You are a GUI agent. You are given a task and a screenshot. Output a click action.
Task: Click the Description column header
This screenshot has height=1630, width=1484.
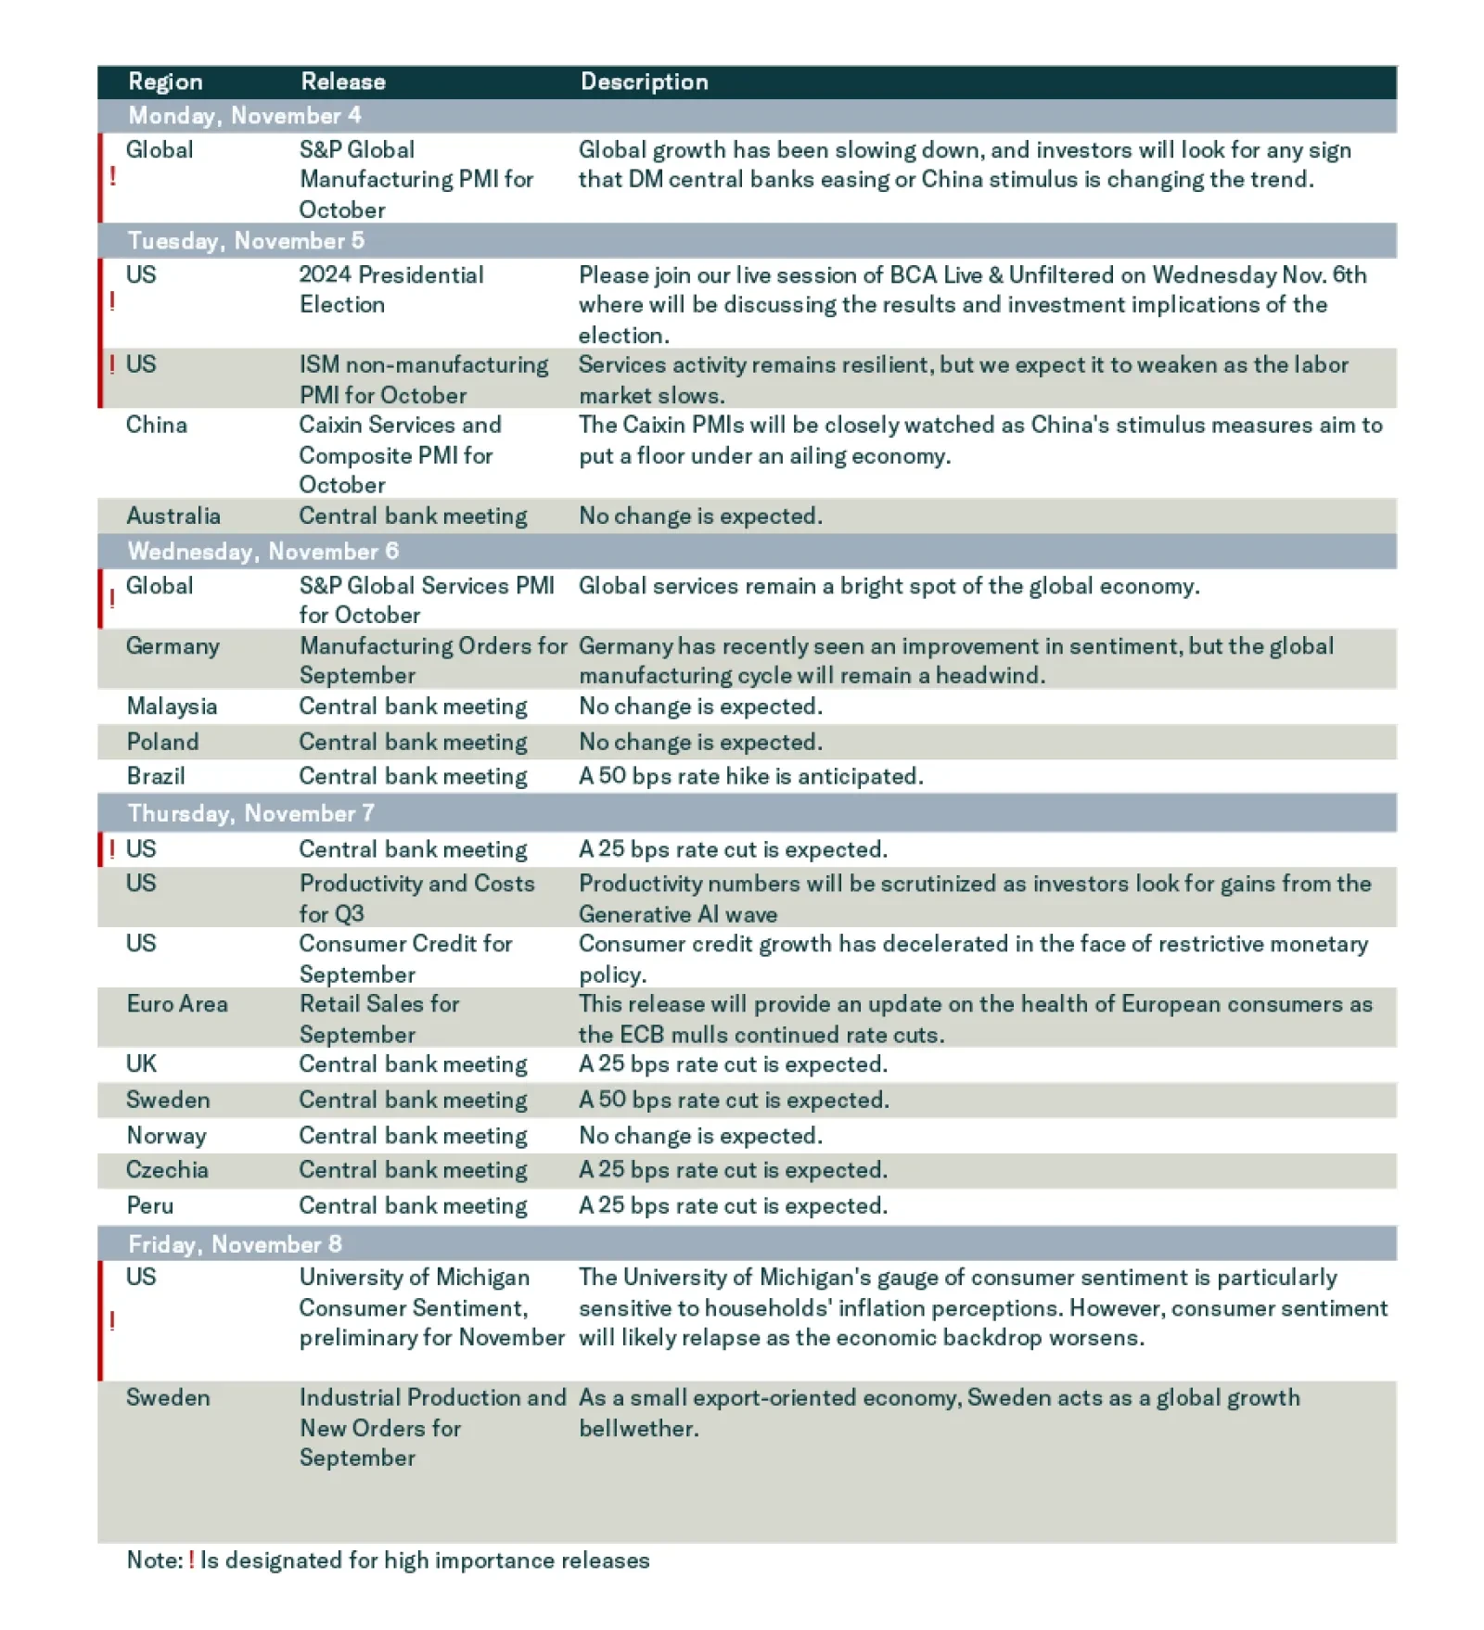coord(644,82)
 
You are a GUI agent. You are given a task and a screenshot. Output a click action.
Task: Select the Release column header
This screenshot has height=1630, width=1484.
coord(342,82)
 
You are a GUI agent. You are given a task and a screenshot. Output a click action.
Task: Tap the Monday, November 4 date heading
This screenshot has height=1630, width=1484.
coord(245,116)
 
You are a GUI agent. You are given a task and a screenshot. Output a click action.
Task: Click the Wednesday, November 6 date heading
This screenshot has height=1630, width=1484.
coord(263,552)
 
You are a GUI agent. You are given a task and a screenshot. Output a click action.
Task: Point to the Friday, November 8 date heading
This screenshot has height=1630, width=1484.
coord(235,1244)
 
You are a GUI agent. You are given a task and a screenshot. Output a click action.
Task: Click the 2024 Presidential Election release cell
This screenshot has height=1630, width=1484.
coord(390,289)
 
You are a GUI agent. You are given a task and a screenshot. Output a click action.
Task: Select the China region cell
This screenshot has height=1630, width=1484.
coord(157,425)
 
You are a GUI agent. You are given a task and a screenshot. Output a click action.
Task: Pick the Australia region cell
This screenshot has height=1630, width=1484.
coord(173,516)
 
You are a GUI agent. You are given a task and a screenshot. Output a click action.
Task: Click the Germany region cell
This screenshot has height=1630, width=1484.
coord(173,646)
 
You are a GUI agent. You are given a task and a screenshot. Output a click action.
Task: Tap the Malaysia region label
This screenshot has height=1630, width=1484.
coord(172,707)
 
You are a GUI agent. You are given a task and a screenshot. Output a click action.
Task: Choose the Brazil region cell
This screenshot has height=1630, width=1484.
coord(156,776)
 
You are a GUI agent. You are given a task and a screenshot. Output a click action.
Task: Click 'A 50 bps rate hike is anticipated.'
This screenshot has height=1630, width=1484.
coord(750,776)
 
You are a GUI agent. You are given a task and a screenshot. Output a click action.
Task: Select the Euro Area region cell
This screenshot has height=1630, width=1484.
coord(177,1004)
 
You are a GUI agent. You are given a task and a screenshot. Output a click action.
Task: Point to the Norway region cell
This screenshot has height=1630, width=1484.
coord(166,1136)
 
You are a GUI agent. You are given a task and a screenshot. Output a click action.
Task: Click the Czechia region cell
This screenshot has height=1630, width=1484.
coord(167,1170)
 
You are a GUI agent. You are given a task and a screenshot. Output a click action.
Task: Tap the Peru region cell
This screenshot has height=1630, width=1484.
coord(150,1205)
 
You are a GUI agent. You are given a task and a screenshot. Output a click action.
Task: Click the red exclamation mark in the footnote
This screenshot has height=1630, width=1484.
coord(191,1560)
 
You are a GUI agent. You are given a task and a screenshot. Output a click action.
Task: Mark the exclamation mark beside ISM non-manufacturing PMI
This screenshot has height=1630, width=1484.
coord(112,364)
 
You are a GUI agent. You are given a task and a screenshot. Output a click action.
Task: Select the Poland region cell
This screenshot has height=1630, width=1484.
coord(162,742)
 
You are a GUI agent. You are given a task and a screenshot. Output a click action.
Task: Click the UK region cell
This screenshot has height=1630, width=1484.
coord(141,1063)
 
